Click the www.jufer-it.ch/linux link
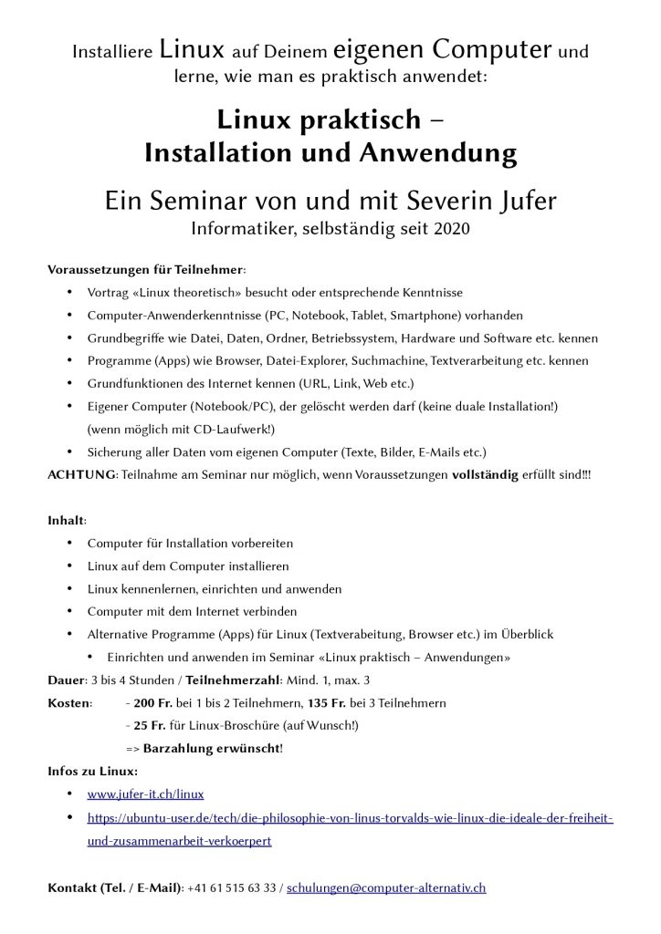point(145,794)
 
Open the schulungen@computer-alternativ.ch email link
point(386,887)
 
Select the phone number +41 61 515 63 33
point(232,887)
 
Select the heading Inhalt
point(66,521)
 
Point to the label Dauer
point(65,680)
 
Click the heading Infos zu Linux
point(91,772)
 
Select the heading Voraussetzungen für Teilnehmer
point(145,270)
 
